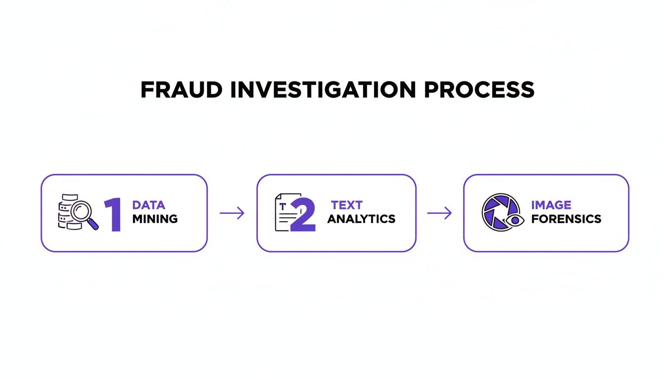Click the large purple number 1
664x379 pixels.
(x=114, y=215)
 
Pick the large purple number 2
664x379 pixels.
(x=302, y=215)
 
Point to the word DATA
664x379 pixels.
(x=149, y=205)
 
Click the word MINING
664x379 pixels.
(x=155, y=219)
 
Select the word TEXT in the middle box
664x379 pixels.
(x=347, y=205)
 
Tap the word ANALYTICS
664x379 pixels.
(x=361, y=219)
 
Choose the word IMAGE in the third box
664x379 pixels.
(x=551, y=205)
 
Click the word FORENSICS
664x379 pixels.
(x=566, y=219)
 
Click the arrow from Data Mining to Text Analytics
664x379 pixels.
(x=232, y=213)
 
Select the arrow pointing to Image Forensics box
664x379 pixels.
(x=439, y=213)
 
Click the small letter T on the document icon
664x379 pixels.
(x=282, y=206)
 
